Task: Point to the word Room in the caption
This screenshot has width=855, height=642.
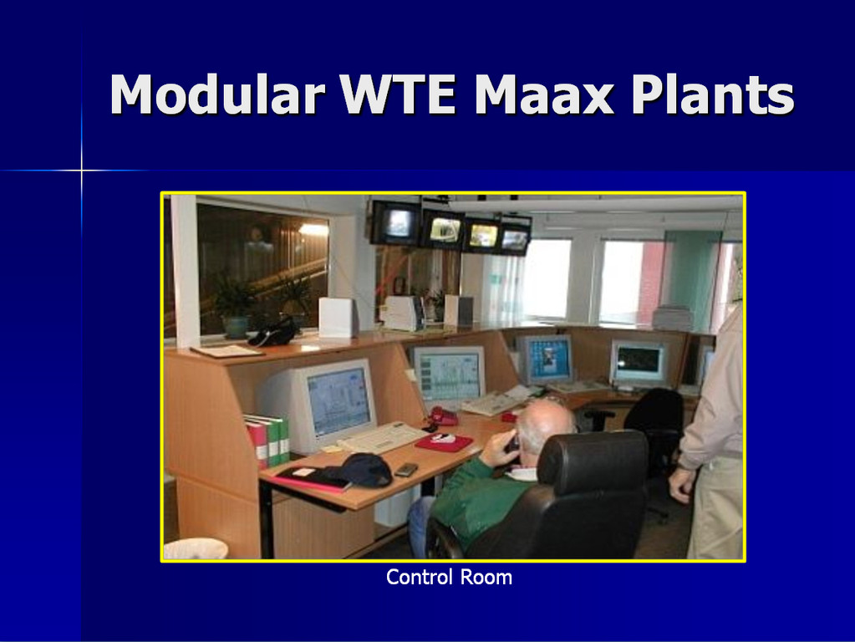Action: click(x=486, y=577)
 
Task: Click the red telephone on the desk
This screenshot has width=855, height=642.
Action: click(x=442, y=417)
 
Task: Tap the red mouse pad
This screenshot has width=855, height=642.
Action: click(x=443, y=442)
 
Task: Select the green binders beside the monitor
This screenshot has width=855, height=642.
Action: click(x=275, y=439)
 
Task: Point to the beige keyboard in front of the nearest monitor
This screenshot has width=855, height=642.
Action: click(x=383, y=437)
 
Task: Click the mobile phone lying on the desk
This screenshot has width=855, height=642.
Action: click(x=406, y=470)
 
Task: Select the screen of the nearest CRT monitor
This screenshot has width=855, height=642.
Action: click(x=339, y=400)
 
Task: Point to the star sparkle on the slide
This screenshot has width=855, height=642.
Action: click(x=82, y=171)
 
